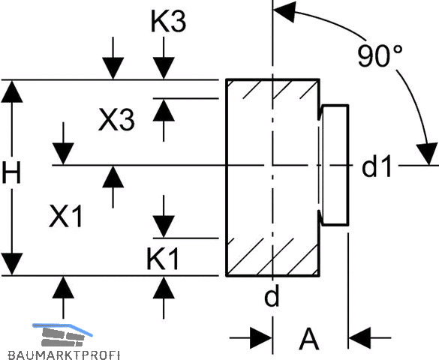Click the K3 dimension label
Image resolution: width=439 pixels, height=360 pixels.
tap(168, 22)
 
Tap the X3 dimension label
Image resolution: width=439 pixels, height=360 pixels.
tap(116, 120)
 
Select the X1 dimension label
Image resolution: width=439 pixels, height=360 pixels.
tap(66, 216)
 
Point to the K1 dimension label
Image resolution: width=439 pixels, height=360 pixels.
tap(162, 259)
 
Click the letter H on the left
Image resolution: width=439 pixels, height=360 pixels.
tap(11, 173)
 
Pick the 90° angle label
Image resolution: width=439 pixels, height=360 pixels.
tap(380, 56)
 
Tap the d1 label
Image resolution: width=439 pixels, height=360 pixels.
tap(376, 167)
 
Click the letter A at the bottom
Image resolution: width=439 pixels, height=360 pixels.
tap(309, 339)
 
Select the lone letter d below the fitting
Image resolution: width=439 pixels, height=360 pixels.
tap(272, 296)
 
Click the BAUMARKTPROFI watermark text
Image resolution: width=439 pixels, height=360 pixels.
tap(64, 355)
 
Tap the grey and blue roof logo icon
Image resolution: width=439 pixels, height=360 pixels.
tap(62, 334)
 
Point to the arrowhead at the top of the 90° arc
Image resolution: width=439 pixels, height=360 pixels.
tap(284, 11)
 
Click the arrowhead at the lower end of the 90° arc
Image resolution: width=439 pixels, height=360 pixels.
tap(427, 154)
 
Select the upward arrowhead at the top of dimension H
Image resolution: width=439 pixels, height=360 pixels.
tap(12, 91)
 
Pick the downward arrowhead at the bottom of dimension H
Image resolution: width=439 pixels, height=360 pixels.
tap(12, 264)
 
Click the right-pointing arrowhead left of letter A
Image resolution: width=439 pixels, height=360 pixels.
tap(261, 338)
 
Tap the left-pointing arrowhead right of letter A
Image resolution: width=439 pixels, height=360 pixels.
tap(359, 338)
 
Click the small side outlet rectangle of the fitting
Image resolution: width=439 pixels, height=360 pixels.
tap(335, 165)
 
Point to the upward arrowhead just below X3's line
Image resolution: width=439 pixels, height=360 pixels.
tap(164, 110)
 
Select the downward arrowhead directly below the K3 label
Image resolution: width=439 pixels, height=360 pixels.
tap(164, 68)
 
